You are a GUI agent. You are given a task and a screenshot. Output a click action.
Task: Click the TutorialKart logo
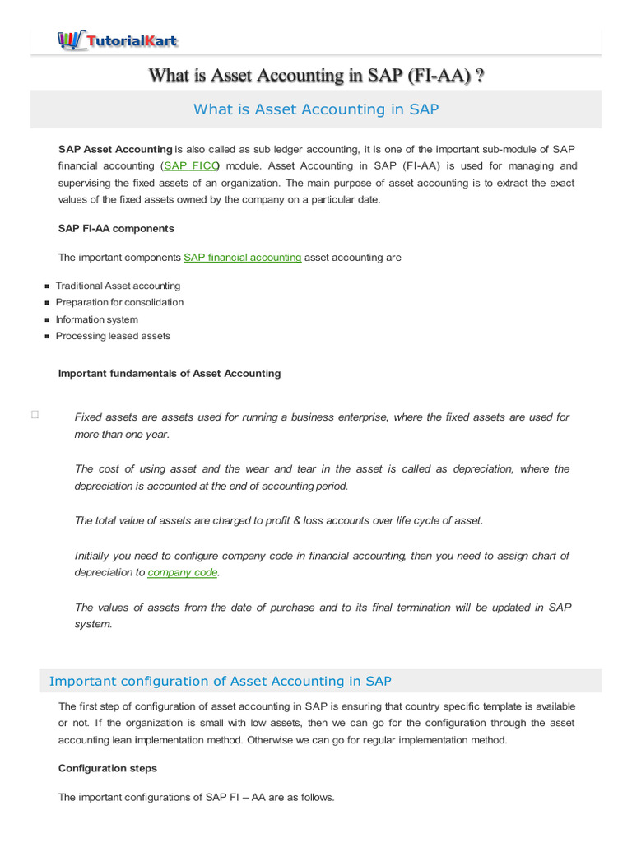117,40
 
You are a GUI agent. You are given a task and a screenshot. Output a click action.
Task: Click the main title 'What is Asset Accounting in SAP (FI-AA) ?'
316,76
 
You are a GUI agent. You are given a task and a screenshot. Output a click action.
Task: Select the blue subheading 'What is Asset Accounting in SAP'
316,109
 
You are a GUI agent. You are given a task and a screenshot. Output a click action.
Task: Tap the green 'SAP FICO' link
190,165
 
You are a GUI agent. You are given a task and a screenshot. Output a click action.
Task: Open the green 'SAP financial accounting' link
243,258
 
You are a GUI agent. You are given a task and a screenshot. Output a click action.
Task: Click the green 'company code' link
183,572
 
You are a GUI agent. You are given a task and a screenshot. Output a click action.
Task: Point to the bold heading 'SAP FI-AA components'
116,228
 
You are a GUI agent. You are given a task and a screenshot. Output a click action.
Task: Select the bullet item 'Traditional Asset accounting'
118,286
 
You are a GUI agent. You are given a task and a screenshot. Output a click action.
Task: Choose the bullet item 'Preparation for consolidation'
119,302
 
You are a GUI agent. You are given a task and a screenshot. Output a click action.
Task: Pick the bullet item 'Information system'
96,319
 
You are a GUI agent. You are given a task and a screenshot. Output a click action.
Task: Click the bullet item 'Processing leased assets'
113,336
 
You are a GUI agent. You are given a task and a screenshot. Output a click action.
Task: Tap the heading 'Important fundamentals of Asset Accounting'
170,373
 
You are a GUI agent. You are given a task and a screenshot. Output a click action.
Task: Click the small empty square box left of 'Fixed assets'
35,416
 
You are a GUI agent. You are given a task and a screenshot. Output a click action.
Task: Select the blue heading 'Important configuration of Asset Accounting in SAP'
221,681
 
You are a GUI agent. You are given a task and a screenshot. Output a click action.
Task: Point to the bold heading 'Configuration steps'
108,768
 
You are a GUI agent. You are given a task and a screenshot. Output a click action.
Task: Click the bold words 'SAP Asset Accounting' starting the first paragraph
115,149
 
